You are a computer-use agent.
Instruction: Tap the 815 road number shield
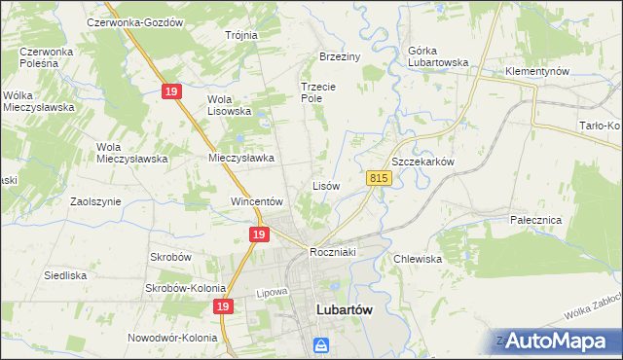point(380,178)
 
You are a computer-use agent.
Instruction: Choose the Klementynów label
point(537,72)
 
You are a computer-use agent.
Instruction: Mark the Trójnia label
point(240,35)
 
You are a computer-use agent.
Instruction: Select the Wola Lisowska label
point(229,104)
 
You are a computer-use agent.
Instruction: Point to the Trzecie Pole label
point(317,92)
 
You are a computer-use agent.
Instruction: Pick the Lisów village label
point(325,185)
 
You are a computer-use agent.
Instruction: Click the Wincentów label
point(255,201)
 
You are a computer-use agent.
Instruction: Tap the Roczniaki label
point(335,252)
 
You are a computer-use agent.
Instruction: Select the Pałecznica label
point(536,220)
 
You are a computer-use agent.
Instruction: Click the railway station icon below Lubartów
point(321,344)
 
